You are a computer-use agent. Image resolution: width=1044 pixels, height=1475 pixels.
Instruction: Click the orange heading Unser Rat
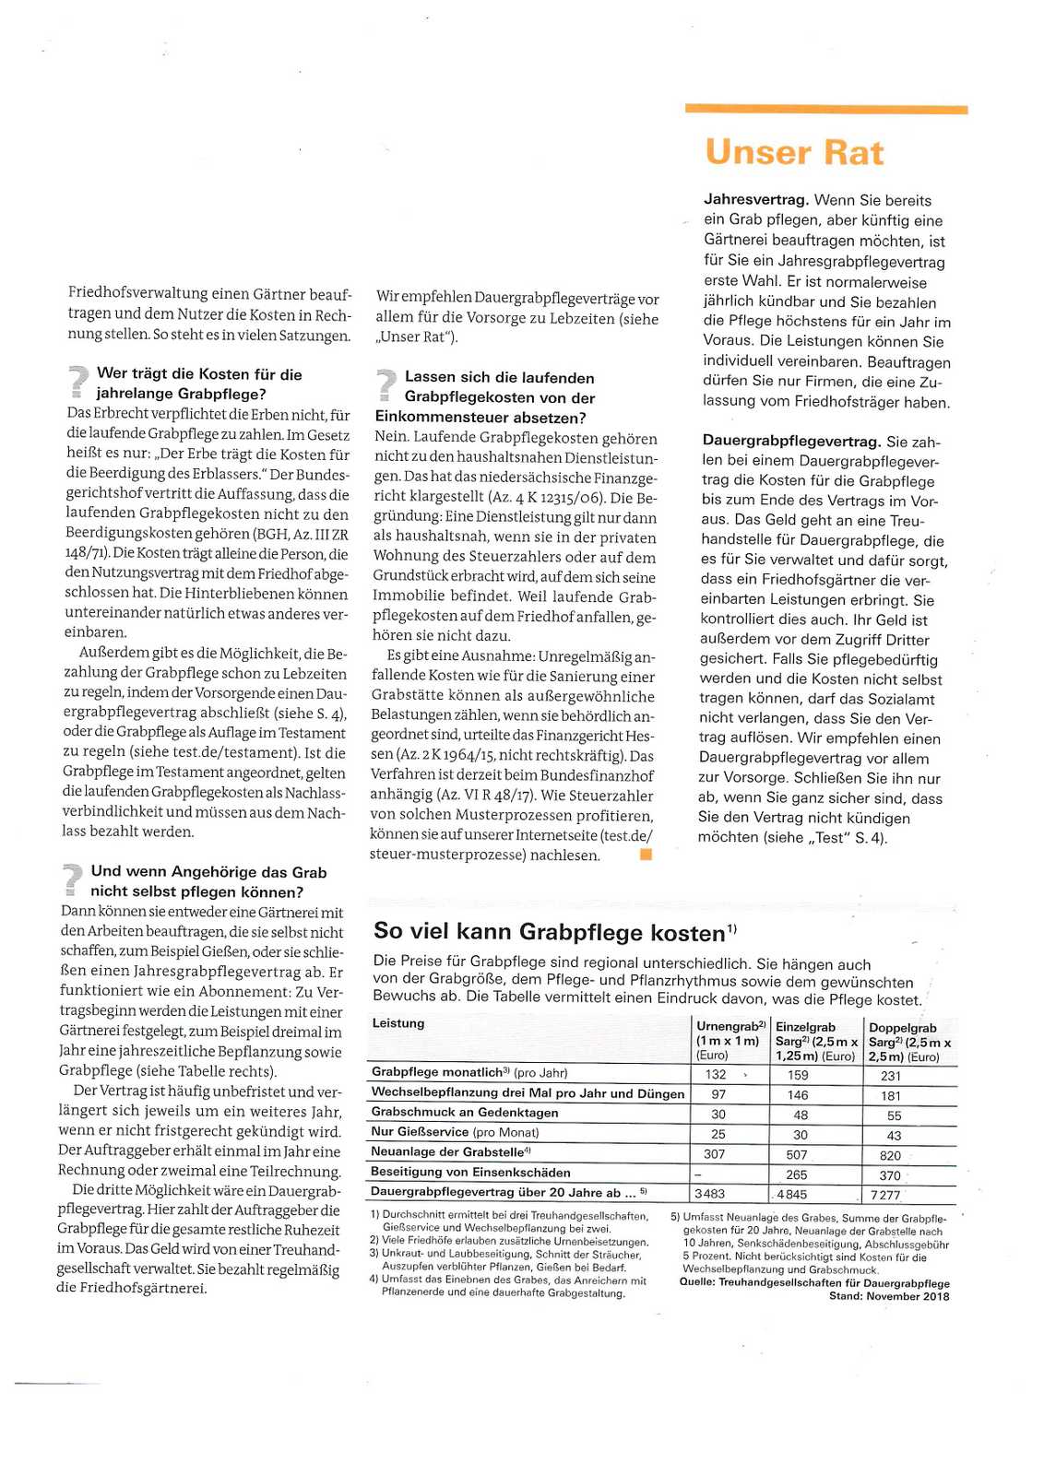point(794,152)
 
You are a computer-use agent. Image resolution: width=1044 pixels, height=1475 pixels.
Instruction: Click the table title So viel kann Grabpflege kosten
point(550,932)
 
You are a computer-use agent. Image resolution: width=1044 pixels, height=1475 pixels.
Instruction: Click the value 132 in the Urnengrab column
point(716,1074)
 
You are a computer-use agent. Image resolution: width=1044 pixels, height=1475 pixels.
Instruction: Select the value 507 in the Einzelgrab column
point(797,1154)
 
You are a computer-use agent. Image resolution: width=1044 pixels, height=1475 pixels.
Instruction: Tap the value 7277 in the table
point(885,1195)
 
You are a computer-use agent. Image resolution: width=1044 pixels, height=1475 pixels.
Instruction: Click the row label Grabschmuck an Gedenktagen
point(465,1113)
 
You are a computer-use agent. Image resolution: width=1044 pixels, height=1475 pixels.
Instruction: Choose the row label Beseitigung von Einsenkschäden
point(470,1173)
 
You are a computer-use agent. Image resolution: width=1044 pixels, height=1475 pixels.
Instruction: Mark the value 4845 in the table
point(792,1195)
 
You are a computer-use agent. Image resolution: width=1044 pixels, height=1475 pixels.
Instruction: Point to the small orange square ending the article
point(647,855)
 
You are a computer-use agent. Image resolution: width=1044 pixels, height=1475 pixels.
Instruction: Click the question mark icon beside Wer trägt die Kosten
point(77,382)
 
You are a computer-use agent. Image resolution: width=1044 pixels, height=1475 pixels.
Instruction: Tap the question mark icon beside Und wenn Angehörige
point(71,879)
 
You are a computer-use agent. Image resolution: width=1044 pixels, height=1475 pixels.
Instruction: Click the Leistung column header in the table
point(398,1023)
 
